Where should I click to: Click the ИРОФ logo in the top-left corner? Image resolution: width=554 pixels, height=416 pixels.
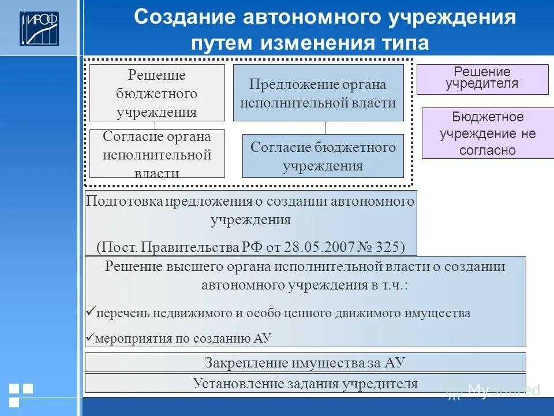click(39, 28)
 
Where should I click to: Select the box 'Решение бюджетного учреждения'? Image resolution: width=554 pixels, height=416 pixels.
click(157, 92)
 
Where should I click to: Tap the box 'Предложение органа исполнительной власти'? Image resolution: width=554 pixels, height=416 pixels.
click(318, 92)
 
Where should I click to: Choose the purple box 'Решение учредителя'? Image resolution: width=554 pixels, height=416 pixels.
click(482, 79)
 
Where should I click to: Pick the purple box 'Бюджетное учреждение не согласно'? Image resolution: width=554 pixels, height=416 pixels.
click(488, 133)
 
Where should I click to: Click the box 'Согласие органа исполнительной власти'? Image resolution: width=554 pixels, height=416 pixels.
click(157, 154)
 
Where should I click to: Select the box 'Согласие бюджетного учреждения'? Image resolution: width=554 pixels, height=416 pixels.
click(323, 156)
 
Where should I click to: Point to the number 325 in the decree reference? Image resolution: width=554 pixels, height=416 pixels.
click(387, 247)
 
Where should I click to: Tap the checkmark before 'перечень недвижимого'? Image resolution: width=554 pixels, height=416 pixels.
click(90, 313)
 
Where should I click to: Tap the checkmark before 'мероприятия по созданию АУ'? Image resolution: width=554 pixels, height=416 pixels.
click(90, 338)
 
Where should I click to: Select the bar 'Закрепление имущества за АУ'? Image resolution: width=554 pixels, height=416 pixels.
click(305, 362)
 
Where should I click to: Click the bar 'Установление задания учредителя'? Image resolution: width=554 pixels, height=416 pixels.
click(305, 382)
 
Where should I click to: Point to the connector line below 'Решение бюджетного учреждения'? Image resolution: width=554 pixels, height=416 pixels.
click(155, 125)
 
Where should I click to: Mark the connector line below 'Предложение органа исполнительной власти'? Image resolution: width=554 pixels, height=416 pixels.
click(325, 128)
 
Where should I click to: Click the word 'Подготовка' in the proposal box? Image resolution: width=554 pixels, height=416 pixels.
click(123, 201)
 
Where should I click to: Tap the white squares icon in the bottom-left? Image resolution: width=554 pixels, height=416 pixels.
click(20, 393)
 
